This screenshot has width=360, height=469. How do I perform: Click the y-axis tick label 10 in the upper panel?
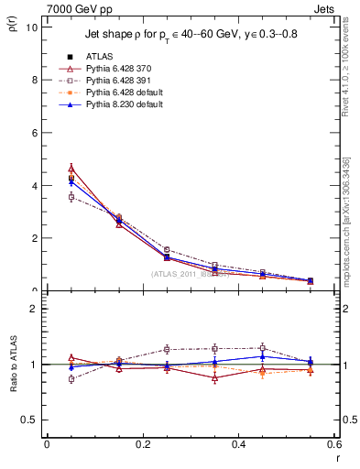click(x=32, y=27)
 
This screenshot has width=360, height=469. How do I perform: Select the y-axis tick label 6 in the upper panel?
click(x=34, y=132)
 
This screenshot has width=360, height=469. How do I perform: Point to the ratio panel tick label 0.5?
click(x=30, y=420)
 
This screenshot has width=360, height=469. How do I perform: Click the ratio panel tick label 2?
click(x=34, y=309)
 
